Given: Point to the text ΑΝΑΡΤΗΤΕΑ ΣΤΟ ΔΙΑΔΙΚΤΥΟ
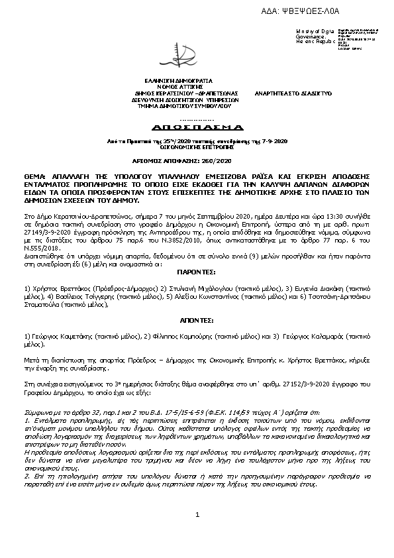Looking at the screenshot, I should tap(293, 93).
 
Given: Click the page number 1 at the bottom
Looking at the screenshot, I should tap(197, 533).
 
